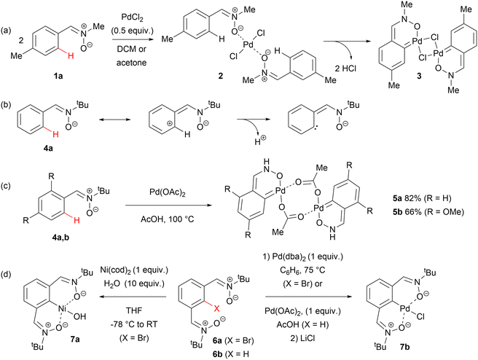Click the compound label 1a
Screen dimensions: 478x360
(x=58, y=76)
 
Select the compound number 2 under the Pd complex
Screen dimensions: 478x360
(x=220, y=76)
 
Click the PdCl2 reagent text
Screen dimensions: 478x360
(x=133, y=17)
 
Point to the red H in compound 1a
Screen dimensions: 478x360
(x=71, y=55)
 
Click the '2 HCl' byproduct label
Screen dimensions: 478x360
(x=346, y=69)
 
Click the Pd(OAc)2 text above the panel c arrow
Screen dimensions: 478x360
(x=168, y=192)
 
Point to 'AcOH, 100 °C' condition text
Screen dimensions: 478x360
(x=168, y=219)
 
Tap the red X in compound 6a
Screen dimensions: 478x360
(x=216, y=309)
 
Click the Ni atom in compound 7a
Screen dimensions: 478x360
(x=63, y=309)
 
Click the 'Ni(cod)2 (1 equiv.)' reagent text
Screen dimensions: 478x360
(x=134, y=270)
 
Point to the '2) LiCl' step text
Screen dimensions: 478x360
(x=302, y=338)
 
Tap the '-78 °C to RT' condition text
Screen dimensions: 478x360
(x=134, y=324)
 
